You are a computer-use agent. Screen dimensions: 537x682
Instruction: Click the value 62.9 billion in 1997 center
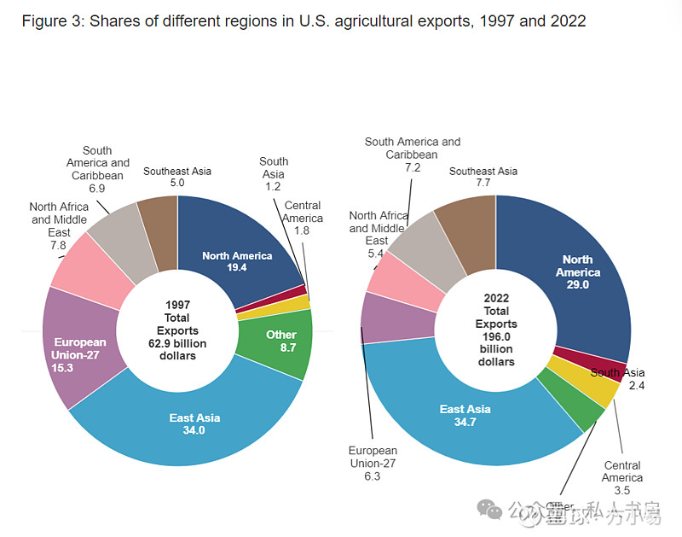pyautogui.click(x=176, y=343)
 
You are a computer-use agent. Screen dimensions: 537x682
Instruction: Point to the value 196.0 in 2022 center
pyautogui.click(x=495, y=336)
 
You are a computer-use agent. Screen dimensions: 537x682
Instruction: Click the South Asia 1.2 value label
pyautogui.click(x=273, y=186)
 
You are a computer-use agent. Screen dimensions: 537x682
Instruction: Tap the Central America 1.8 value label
pyautogui.click(x=303, y=231)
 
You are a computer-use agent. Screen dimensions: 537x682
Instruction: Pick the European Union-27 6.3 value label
pyautogui.click(x=372, y=476)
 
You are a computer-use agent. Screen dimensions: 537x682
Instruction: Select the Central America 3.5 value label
pyautogui.click(x=621, y=490)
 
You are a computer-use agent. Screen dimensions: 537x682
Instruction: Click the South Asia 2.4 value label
pyautogui.click(x=635, y=385)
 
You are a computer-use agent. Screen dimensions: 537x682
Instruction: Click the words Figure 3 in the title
pyautogui.click(x=51, y=21)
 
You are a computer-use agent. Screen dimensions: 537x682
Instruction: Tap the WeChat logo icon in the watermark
pyautogui.click(x=489, y=510)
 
